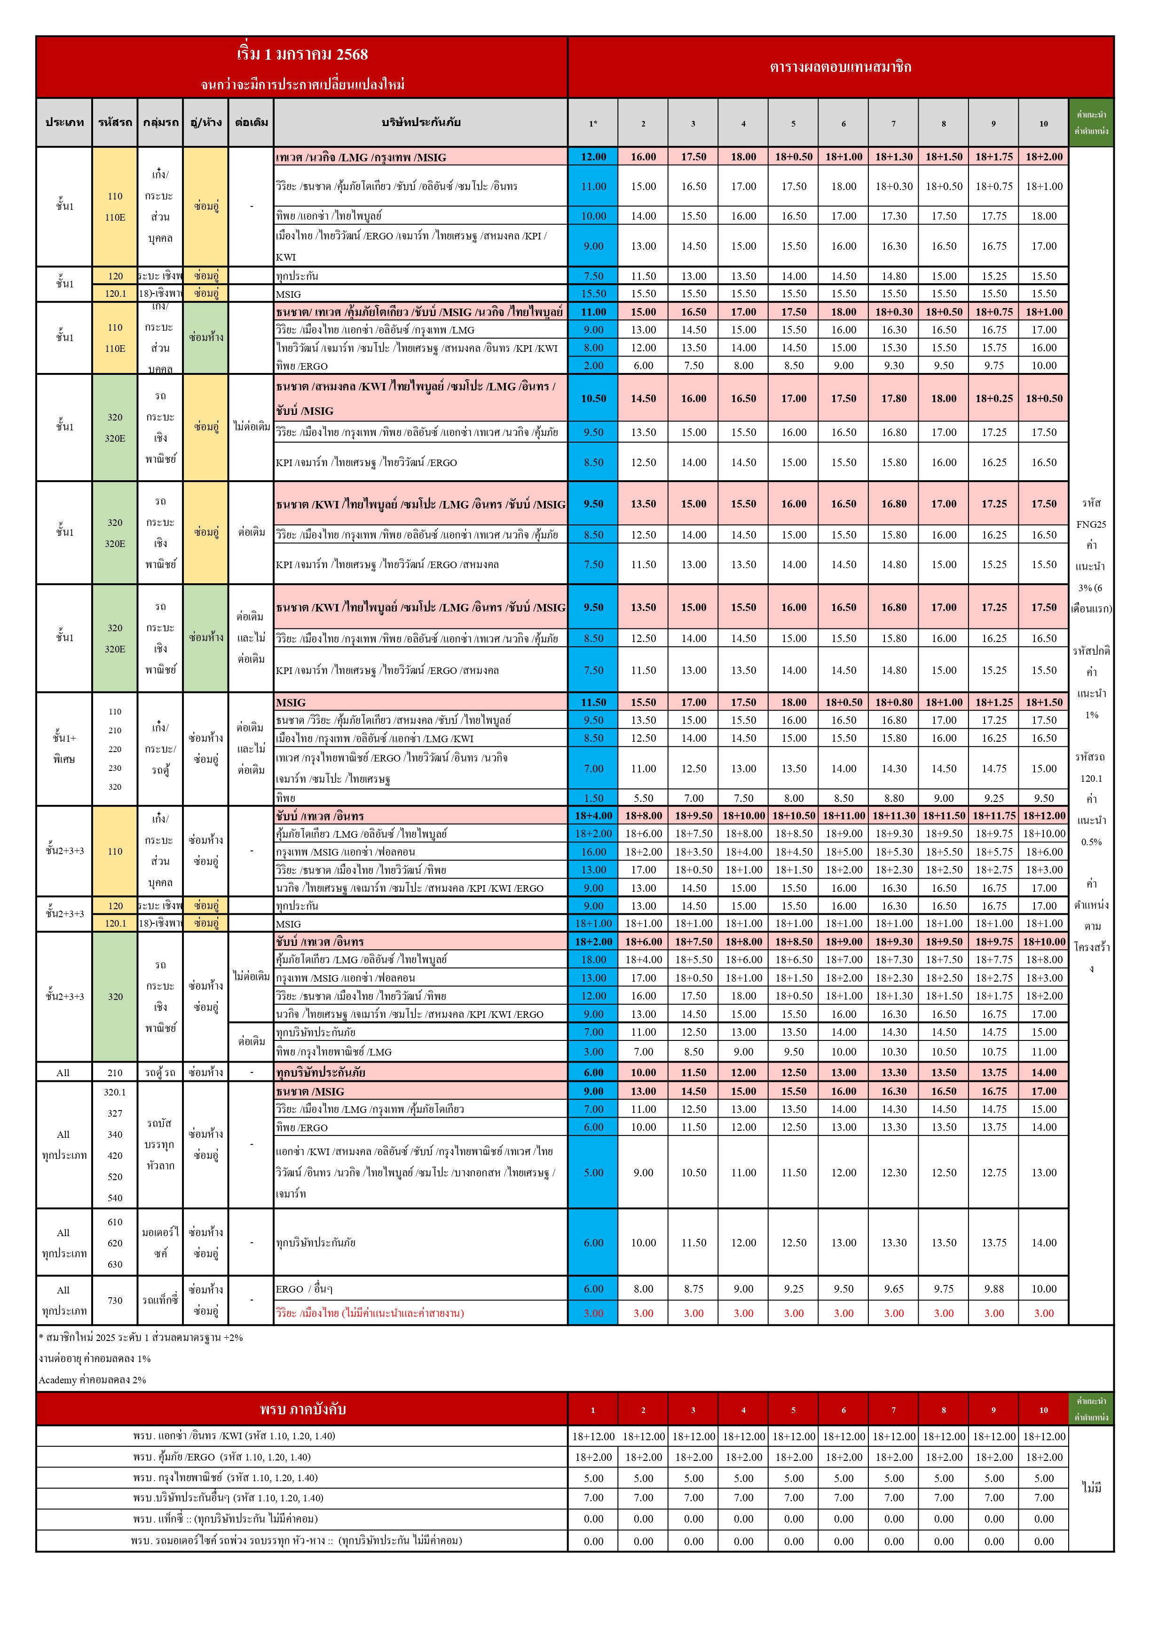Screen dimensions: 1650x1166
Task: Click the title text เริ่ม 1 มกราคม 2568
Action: (302, 55)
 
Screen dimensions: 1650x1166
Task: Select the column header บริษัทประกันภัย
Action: (420, 122)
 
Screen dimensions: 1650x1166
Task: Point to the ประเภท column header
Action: (64, 122)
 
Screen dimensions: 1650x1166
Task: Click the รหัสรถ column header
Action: (115, 122)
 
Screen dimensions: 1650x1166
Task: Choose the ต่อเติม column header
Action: (251, 122)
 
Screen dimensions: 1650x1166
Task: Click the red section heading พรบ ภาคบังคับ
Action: (302, 1409)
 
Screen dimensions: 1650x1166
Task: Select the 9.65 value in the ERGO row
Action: (894, 1288)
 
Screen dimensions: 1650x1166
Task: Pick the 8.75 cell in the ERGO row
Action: (693, 1288)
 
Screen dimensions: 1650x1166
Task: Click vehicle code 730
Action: (115, 1300)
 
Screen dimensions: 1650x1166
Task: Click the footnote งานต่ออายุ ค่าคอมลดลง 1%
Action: (95, 1358)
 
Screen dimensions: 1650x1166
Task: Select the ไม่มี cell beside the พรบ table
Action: (1091, 1488)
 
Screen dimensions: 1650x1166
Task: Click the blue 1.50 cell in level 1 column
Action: (593, 798)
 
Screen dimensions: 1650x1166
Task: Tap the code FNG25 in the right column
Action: (1091, 524)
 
